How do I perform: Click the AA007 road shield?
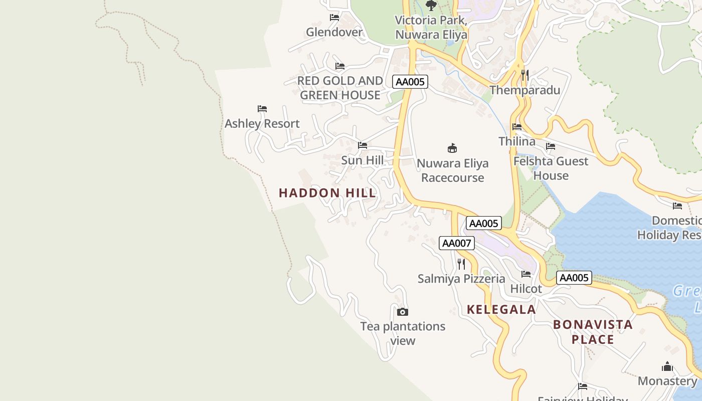tap(456, 243)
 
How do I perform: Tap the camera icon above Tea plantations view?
tap(402, 312)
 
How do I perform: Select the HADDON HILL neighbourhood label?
tap(327, 193)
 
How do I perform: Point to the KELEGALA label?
tap(501, 310)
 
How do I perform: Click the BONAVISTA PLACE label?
tap(593, 332)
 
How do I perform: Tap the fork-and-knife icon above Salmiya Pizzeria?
tap(461, 264)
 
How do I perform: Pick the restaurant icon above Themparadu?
tap(525, 75)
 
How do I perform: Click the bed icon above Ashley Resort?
tap(262, 108)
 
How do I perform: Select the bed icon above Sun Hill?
tap(363, 145)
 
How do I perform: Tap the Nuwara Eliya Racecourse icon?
tap(452, 148)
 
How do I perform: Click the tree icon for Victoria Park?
tap(431, 6)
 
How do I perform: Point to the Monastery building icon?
tap(667, 366)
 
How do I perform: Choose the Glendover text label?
tap(334, 32)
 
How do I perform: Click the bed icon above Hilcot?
tap(526, 274)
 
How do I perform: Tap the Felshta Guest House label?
tap(551, 168)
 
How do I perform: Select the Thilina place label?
tap(517, 141)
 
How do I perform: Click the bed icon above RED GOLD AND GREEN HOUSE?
tap(340, 66)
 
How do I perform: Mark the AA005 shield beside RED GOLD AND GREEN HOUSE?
tap(410, 82)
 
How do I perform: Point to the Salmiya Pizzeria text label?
tap(461, 279)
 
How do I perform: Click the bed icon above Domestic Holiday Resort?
tap(677, 206)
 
